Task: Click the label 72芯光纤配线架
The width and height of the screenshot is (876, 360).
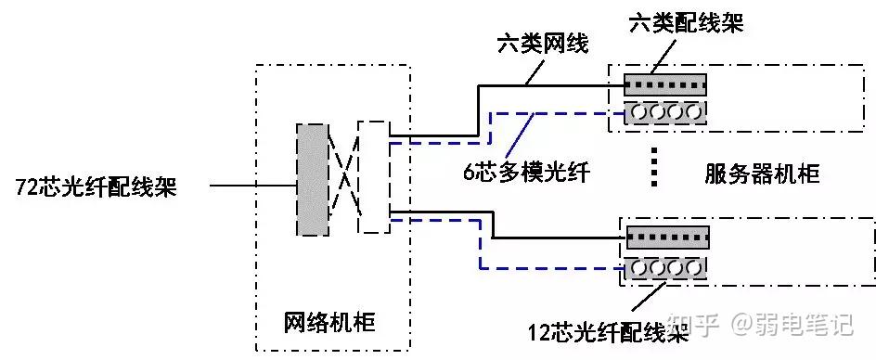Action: (x=97, y=187)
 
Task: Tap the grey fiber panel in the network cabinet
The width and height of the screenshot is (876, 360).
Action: (x=313, y=179)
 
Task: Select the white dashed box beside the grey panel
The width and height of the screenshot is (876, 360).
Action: (x=373, y=176)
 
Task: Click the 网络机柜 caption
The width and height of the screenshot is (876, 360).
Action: (x=329, y=323)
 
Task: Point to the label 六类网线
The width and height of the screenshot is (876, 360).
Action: (x=543, y=44)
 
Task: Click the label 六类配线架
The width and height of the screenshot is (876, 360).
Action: (x=686, y=23)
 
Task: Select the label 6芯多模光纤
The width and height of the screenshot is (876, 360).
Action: (x=527, y=173)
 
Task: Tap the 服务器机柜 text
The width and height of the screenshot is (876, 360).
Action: (x=762, y=174)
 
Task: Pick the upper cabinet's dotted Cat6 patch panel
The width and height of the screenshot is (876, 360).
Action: (x=664, y=85)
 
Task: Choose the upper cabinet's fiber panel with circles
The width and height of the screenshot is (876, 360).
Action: (x=664, y=113)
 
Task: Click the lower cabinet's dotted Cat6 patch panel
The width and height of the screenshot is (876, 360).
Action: (x=667, y=237)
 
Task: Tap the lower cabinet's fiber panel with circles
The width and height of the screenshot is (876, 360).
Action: (x=666, y=268)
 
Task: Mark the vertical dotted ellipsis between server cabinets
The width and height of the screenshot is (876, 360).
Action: (x=654, y=167)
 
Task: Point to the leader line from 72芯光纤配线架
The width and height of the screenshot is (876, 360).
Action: (x=253, y=185)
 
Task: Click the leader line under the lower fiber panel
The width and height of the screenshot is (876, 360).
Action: (x=650, y=296)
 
